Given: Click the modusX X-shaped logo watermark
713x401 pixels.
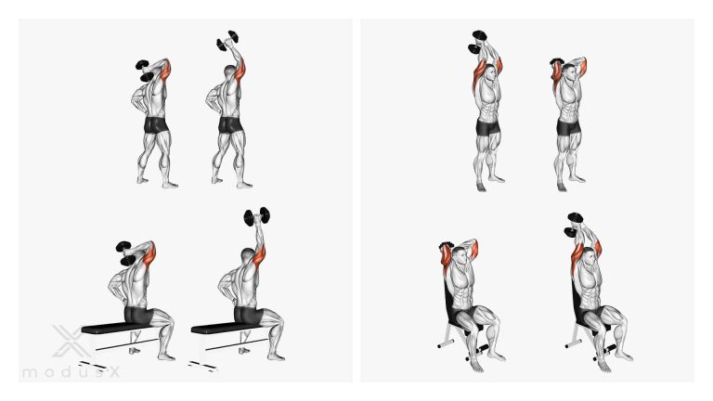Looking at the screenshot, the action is (68, 341).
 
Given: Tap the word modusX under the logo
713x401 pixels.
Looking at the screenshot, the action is (71, 372).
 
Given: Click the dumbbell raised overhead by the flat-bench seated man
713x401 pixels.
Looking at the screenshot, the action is (257, 217).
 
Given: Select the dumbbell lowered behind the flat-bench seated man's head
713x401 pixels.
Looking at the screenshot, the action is (126, 253).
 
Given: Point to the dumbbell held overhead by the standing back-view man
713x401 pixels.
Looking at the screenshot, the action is (227, 41).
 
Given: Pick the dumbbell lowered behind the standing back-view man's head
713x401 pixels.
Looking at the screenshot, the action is (145, 71).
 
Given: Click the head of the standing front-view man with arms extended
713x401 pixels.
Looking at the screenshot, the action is (490, 72).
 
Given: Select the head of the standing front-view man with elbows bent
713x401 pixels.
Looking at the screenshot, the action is (569, 72).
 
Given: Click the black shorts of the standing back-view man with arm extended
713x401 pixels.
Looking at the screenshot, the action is (230, 125).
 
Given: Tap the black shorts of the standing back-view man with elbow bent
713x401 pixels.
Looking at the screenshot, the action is (156, 125).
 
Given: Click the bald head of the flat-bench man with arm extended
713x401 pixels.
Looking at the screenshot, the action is (248, 255).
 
